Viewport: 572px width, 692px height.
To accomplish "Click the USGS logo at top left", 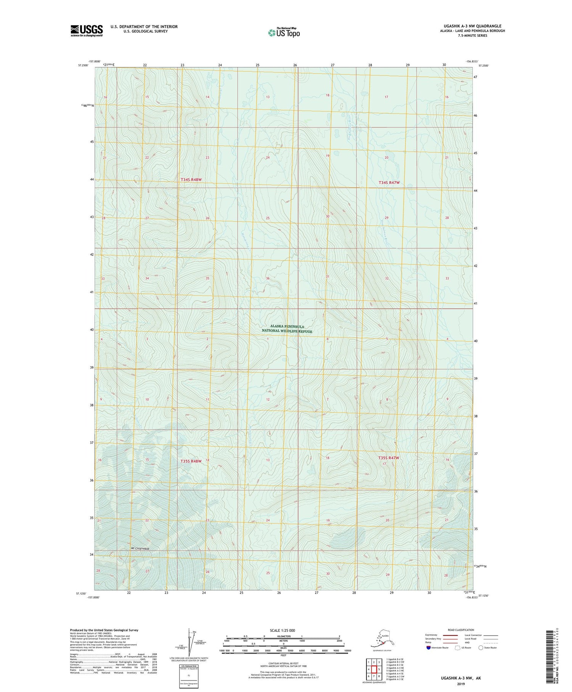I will (87, 31).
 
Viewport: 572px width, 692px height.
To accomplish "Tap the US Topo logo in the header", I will (284, 32).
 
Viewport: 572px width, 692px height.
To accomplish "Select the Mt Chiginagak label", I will (139, 548).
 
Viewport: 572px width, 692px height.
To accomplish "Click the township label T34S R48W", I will (191, 179).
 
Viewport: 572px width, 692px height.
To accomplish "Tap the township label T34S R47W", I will (389, 183).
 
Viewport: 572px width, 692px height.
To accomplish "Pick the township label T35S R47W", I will (389, 458).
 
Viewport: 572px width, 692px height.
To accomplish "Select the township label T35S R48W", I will (191, 461).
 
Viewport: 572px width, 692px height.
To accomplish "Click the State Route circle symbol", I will (480, 648).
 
